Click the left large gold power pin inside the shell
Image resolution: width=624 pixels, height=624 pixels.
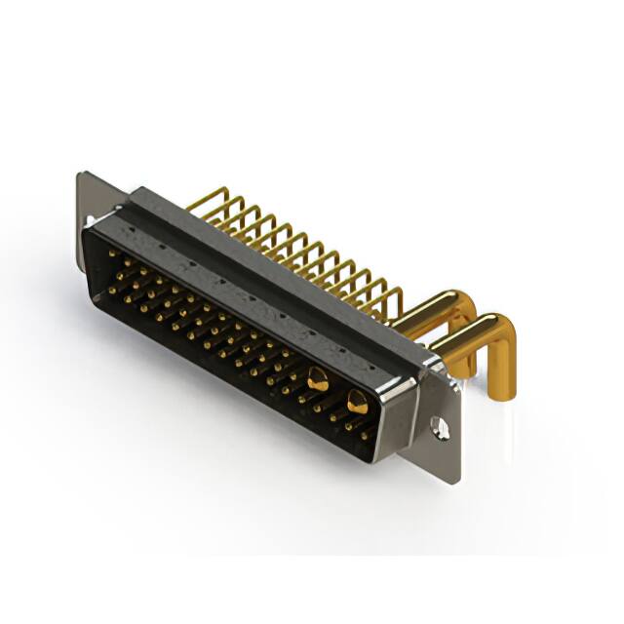click(x=317, y=381)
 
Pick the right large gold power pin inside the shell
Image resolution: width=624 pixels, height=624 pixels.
click(x=357, y=401)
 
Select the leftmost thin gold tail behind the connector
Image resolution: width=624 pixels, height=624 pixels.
click(x=200, y=201)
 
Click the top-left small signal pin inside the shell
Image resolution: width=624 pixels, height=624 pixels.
click(x=109, y=254)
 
